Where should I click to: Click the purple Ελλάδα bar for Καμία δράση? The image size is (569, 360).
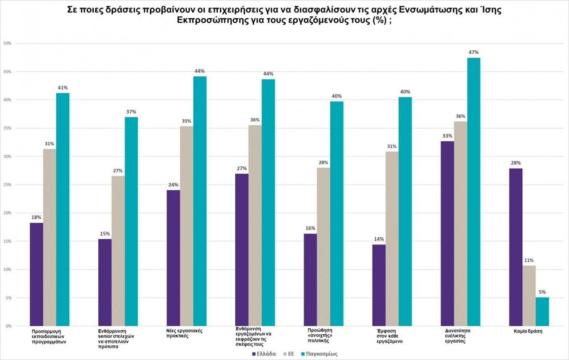click(516, 247)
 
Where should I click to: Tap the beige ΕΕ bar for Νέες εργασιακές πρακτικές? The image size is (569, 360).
click(187, 226)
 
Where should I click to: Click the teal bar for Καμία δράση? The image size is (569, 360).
click(542, 312)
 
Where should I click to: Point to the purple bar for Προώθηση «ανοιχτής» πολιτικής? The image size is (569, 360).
click(310, 280)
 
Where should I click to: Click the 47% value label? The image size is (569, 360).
click(473, 52)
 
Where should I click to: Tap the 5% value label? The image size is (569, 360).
click(542, 292)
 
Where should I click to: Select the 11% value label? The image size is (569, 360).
click(529, 260)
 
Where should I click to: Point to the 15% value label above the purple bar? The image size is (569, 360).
click(105, 234)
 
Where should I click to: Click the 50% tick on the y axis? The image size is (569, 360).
click(7, 43)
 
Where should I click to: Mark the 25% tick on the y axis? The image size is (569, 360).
click(7, 185)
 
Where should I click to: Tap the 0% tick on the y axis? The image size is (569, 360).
click(8, 326)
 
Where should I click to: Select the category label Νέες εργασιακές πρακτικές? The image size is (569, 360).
click(182, 333)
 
